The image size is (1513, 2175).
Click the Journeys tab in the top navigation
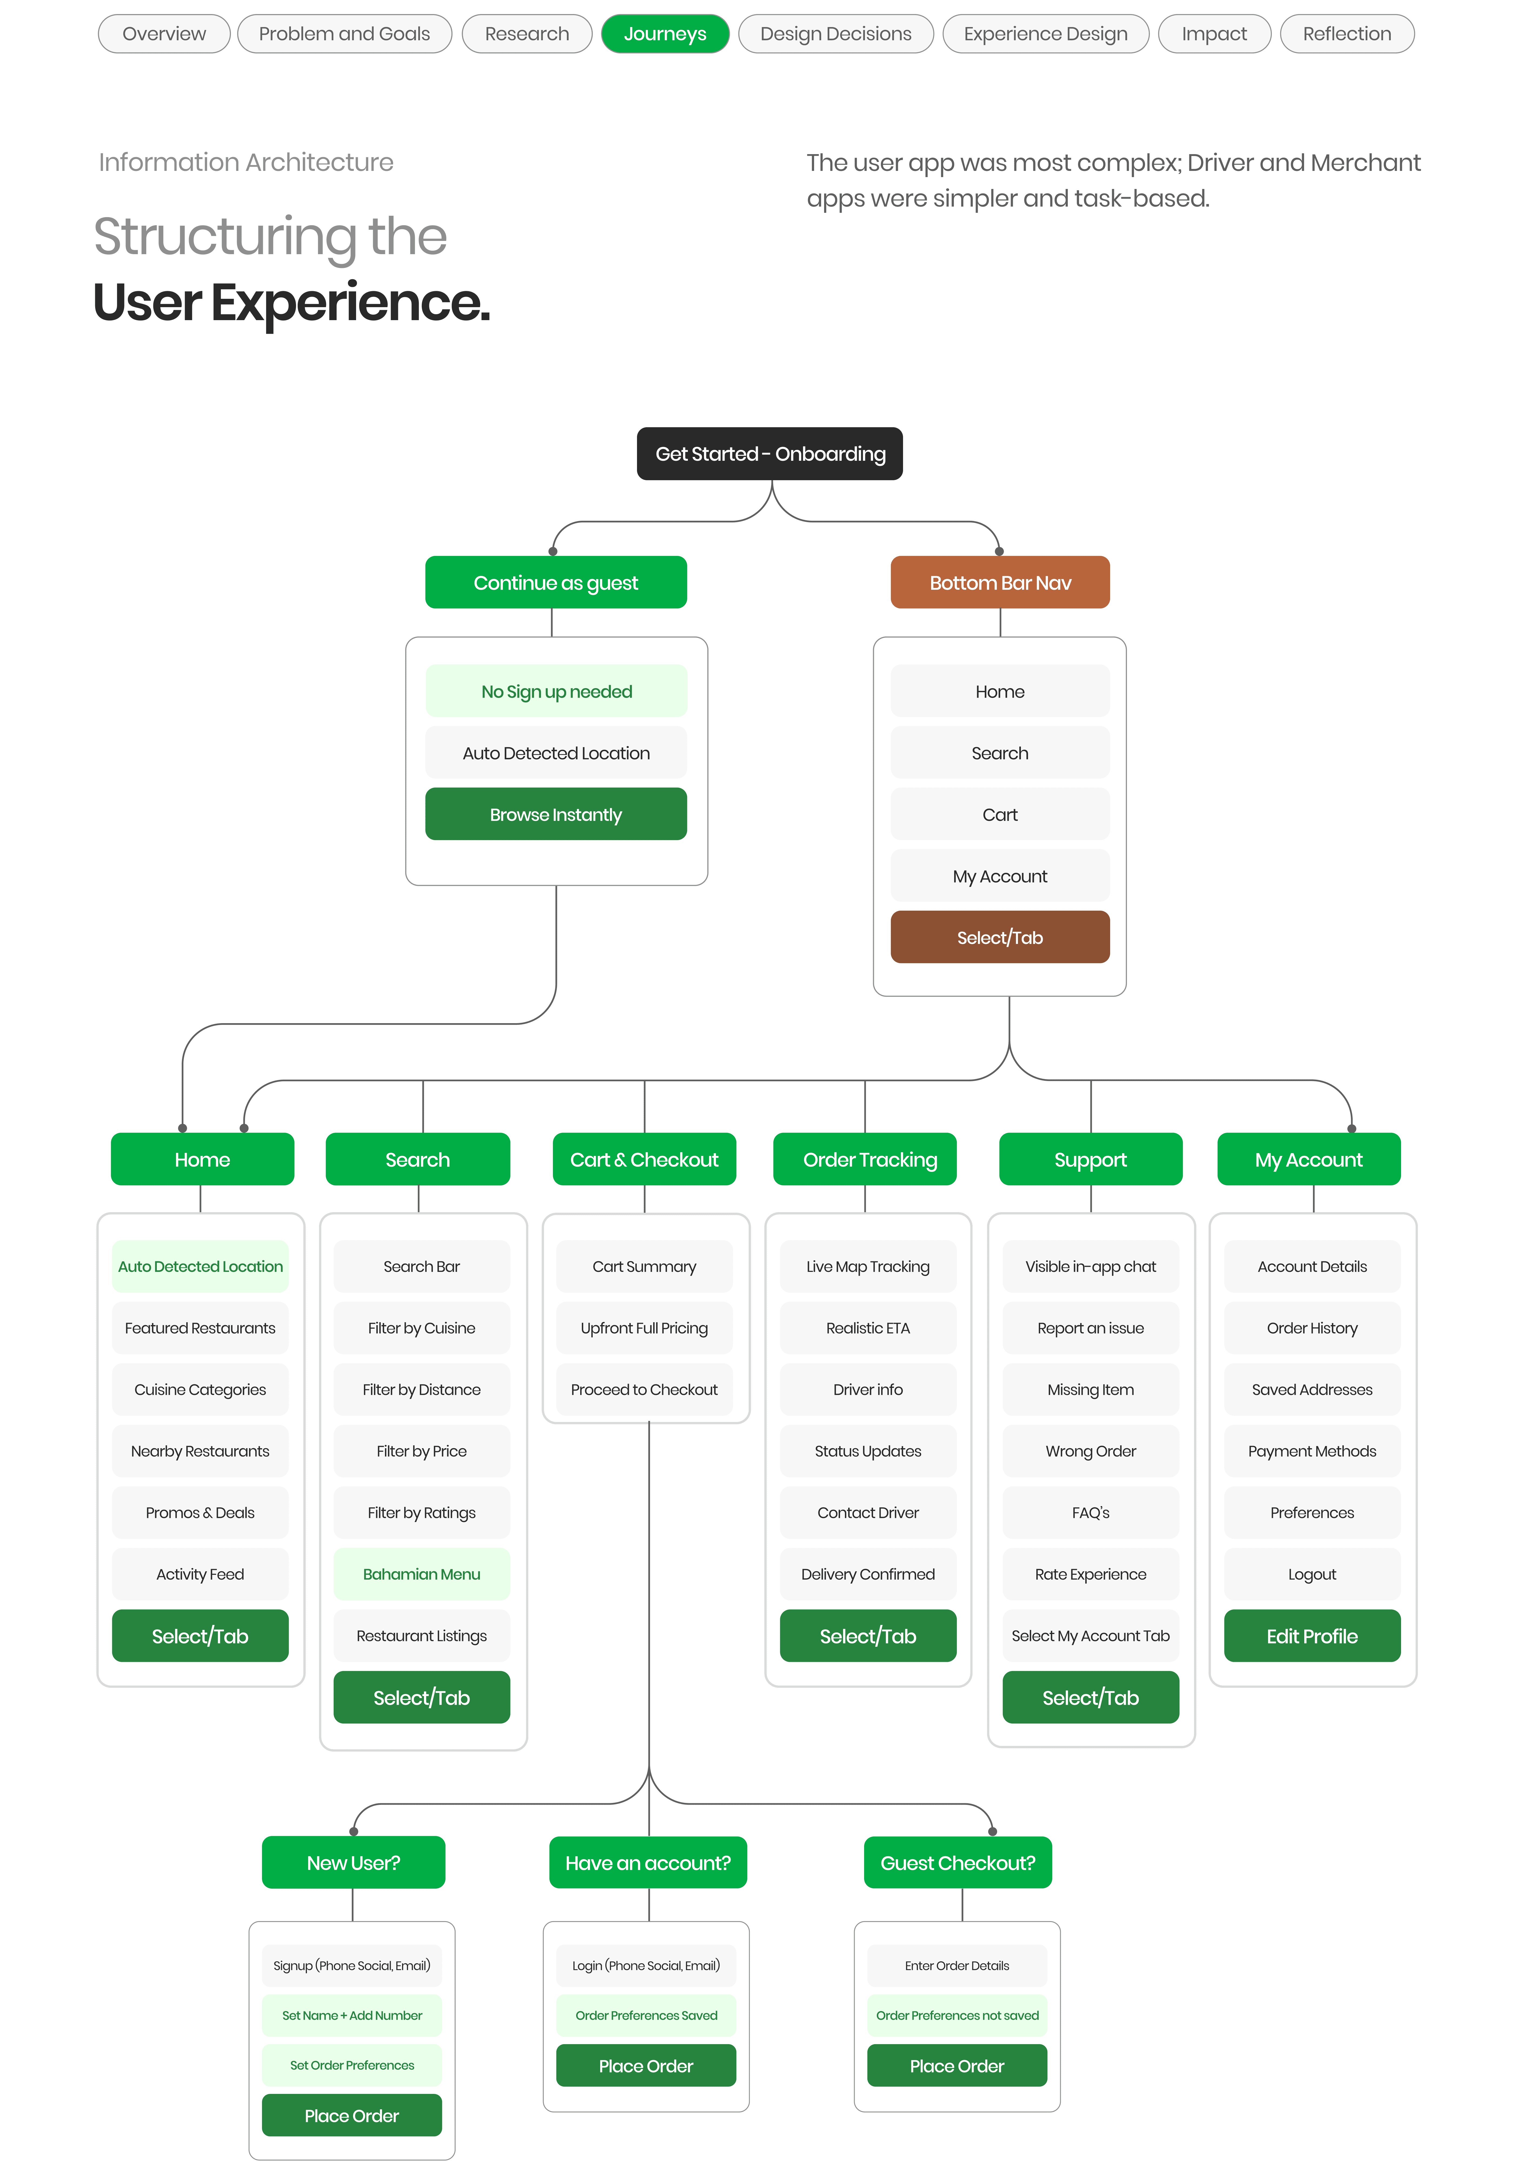665,34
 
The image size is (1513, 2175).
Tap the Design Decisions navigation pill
836,34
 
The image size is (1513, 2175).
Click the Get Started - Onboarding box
769,454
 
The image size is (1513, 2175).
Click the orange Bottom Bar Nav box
1000,583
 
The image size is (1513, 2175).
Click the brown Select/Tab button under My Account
1000,938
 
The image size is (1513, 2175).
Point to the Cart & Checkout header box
644,1159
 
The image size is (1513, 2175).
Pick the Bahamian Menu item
422,1574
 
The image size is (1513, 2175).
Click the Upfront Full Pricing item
644,1328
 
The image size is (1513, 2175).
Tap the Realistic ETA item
868,1328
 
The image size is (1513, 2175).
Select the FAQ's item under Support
1090,1513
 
